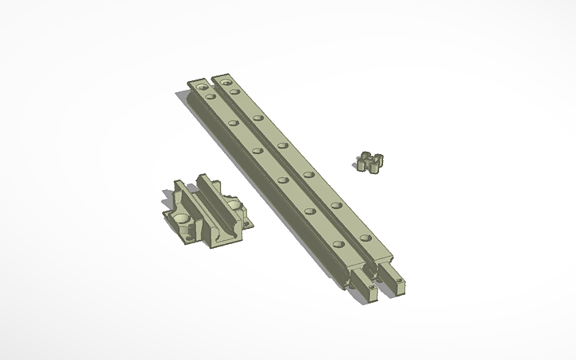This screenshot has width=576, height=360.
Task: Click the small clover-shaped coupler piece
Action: pyautogui.click(x=369, y=161)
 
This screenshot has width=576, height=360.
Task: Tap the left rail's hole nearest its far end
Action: pyautogui.click(x=202, y=84)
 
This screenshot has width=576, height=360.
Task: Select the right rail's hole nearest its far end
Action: pyautogui.click(x=226, y=81)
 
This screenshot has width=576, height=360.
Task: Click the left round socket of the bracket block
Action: pyautogui.click(x=183, y=219)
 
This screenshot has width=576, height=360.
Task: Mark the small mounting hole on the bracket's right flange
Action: pyautogui.click(x=247, y=224)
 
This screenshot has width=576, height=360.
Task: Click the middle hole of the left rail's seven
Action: pyautogui.click(x=257, y=149)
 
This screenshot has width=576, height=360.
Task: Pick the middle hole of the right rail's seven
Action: pyautogui.click(x=282, y=146)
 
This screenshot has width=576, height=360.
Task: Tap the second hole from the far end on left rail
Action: pyautogui.click(x=211, y=96)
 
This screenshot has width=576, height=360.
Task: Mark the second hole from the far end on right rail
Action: pyautogui.click(x=236, y=92)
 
